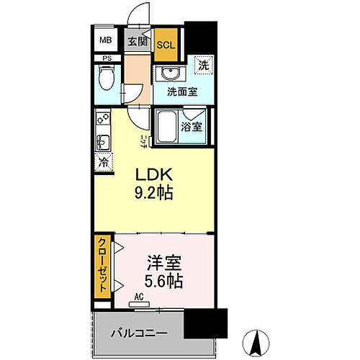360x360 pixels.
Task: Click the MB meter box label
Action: (106, 40)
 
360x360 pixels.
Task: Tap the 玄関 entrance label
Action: (138, 41)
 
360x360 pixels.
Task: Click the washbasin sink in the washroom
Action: (170, 74)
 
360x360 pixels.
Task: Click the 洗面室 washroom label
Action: (182, 91)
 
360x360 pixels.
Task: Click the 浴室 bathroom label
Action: (192, 126)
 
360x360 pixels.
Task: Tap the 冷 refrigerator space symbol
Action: (103, 162)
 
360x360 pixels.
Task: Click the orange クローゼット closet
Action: (103, 266)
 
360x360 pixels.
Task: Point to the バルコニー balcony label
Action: (139, 334)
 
